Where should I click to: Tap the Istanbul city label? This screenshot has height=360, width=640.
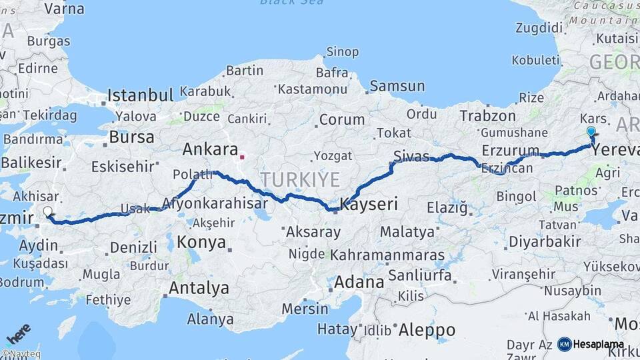(x=140, y=95)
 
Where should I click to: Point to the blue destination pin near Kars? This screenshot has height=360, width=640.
(x=591, y=133)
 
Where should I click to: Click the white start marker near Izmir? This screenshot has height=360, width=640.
(x=47, y=212)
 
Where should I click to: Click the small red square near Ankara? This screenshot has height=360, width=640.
(x=243, y=158)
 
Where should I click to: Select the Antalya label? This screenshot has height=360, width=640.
(x=199, y=289)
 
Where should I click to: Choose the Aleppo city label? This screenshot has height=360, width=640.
(x=427, y=330)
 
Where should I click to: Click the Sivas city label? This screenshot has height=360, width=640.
(x=411, y=157)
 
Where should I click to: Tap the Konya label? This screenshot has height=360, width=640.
(x=201, y=243)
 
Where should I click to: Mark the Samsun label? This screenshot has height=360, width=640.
(x=397, y=86)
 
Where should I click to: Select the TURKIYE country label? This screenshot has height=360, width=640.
(x=300, y=179)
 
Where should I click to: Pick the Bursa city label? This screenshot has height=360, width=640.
(x=131, y=137)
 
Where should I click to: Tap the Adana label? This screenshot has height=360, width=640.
(x=361, y=282)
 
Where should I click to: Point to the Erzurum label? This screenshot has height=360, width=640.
(x=510, y=149)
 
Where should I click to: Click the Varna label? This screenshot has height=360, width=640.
(x=64, y=9)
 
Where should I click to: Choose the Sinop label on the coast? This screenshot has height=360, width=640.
(x=342, y=52)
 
